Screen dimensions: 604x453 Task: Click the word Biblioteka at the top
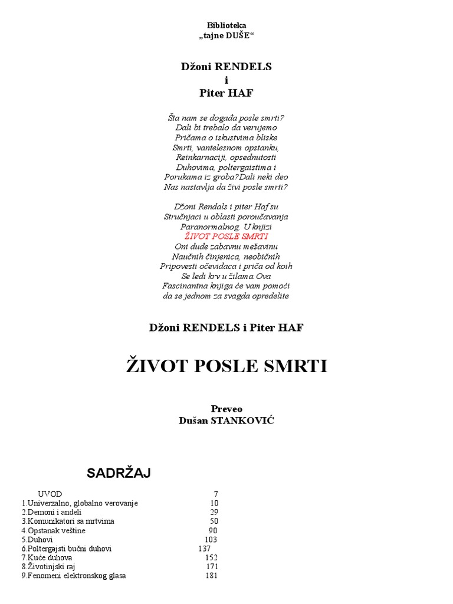point(226,25)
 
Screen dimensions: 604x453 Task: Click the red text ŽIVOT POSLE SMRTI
point(226,236)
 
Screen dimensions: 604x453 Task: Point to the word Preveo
point(226,409)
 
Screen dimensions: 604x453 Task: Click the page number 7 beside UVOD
point(215,494)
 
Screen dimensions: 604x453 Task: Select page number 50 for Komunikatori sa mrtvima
point(214,521)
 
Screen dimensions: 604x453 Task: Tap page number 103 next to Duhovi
point(211,539)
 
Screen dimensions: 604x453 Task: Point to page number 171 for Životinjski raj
point(212,566)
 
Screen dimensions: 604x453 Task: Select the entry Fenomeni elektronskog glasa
point(76,576)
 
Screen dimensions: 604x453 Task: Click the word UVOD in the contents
point(50,494)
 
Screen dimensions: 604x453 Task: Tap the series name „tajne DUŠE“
point(226,36)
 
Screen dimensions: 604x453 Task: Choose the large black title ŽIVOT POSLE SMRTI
point(226,366)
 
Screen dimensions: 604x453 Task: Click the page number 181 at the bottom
point(212,576)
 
